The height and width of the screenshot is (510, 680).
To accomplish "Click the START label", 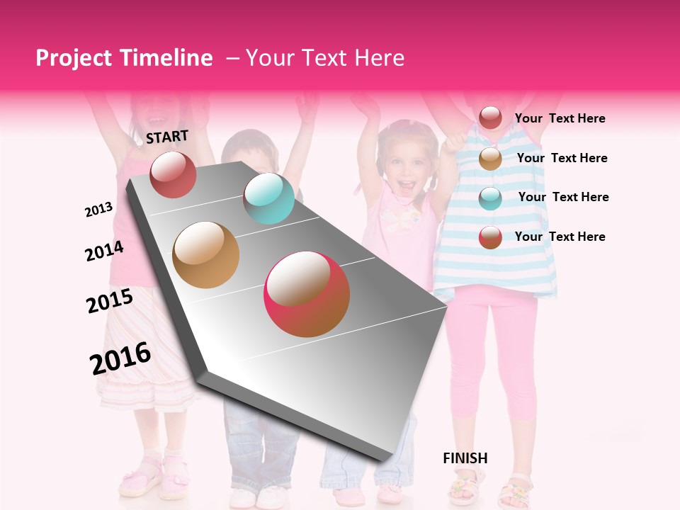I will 167,137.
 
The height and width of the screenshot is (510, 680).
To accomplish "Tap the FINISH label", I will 465,458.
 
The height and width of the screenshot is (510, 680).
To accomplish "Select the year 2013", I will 98,210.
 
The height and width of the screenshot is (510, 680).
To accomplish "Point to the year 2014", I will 104,251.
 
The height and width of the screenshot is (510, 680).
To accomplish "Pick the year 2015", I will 110,301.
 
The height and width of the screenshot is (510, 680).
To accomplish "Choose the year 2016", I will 120,358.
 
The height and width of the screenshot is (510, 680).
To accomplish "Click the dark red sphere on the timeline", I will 173,174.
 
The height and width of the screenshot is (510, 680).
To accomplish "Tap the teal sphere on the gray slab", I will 268,198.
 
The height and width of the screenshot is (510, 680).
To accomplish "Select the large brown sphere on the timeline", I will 205,255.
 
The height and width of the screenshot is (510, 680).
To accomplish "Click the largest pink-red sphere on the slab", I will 307,294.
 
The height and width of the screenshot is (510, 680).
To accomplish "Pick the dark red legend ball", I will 490,118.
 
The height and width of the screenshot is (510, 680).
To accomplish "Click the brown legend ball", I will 490,159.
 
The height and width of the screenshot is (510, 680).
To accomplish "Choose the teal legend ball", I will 490,198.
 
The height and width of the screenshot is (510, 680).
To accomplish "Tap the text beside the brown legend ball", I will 562,158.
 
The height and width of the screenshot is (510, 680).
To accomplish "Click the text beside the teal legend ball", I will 563,197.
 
